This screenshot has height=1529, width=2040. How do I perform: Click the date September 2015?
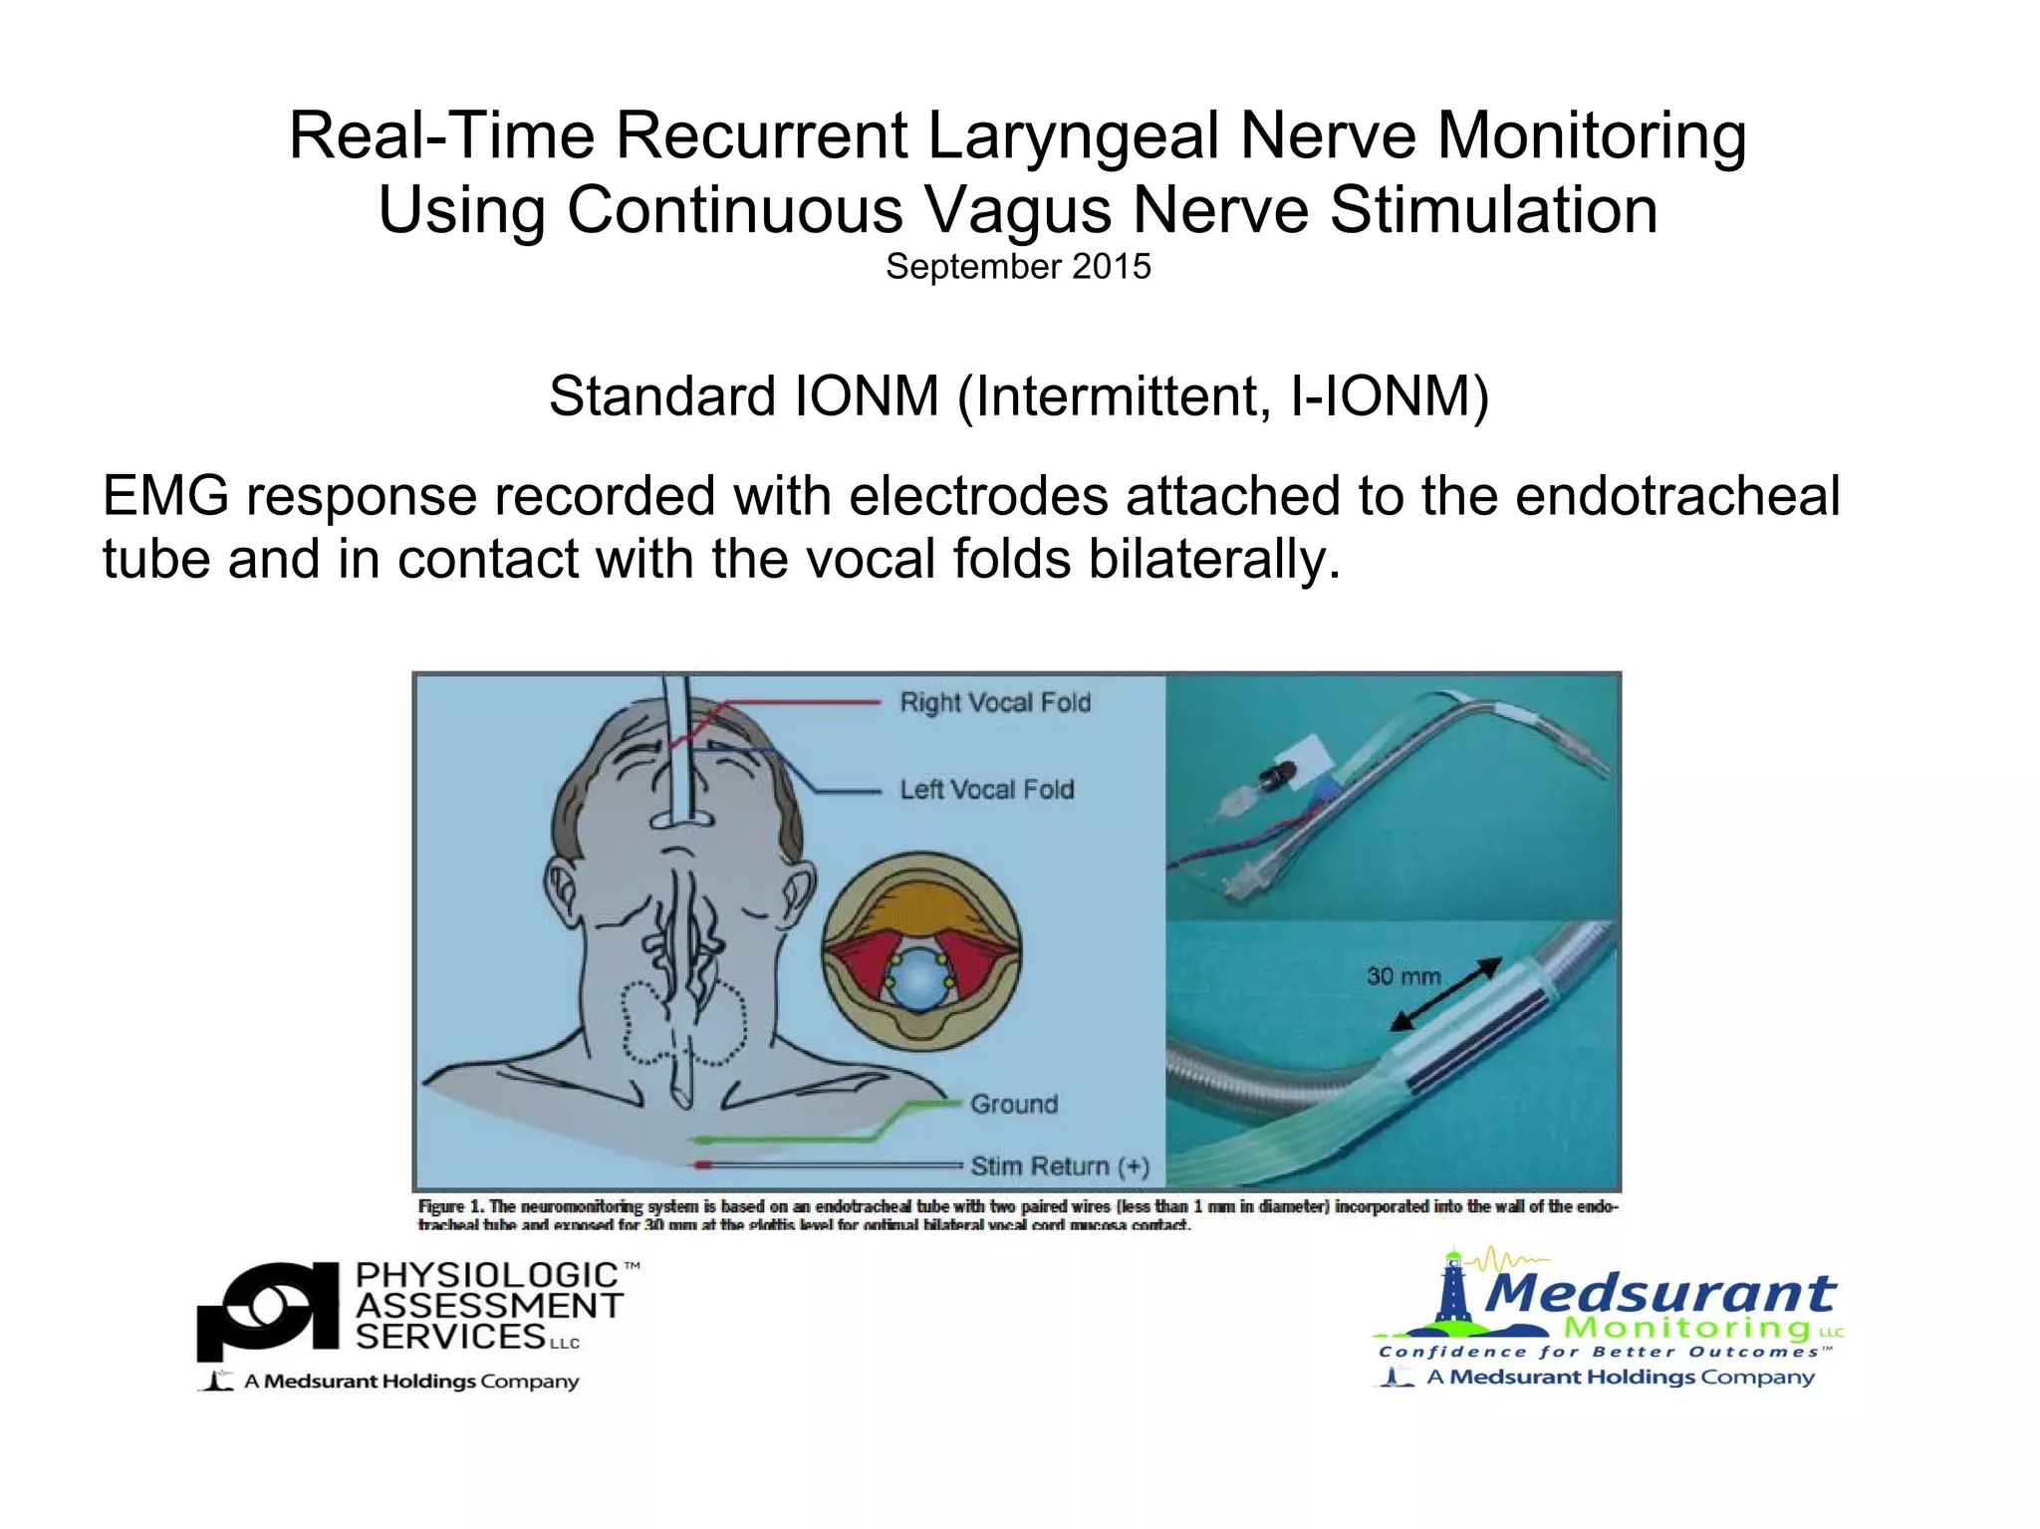(x=1018, y=267)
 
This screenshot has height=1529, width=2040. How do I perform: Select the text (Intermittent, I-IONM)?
(x=1223, y=395)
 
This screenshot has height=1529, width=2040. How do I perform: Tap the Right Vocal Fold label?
(x=995, y=702)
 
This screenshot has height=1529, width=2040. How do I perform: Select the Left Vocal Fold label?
(x=986, y=790)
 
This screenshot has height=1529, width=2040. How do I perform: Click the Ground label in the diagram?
(x=1014, y=1104)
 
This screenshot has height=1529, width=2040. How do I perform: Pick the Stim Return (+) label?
(x=1060, y=1165)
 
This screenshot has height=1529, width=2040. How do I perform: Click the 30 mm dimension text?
(x=1402, y=976)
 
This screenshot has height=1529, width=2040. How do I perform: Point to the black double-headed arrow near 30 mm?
(x=1446, y=994)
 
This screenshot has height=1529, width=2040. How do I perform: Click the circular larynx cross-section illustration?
(x=920, y=952)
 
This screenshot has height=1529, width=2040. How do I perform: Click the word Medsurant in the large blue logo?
(x=1660, y=1293)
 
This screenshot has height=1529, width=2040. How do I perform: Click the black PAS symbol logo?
(x=268, y=1308)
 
